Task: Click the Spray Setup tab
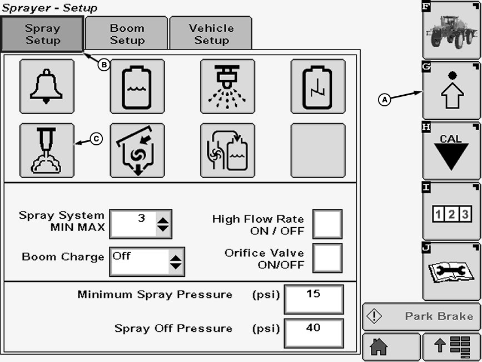(43, 33)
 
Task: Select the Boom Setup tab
(127, 33)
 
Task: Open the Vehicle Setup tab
(211, 33)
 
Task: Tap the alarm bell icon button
(47, 86)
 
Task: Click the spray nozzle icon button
(227, 86)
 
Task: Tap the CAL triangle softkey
(451, 151)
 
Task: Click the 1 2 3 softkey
(451, 212)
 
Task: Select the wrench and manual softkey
(451, 272)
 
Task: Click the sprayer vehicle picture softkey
(451, 30)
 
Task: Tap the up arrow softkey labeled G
(451, 91)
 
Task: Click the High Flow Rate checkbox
(327, 224)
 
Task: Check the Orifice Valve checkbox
(327, 258)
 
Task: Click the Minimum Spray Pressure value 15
(314, 299)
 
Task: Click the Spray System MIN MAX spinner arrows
(163, 224)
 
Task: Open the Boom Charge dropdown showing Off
(147, 261)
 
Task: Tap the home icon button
(391, 347)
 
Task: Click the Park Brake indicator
(421, 316)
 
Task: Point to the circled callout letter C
(96, 140)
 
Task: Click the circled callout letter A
(384, 100)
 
